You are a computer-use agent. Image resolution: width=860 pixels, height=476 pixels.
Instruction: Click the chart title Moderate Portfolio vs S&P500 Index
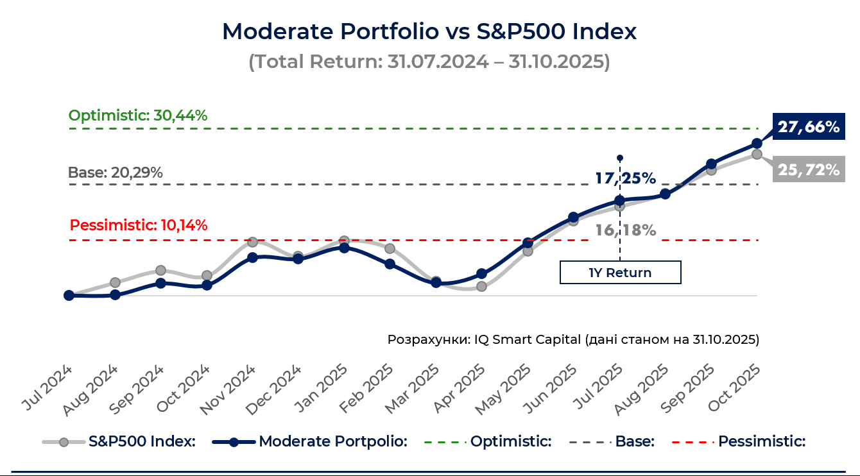tap(429, 31)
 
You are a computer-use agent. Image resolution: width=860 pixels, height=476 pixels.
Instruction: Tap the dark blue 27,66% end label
tap(808, 127)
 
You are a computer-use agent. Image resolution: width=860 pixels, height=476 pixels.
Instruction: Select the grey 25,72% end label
tap(808, 169)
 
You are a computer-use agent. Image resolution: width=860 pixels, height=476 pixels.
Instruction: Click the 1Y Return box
tap(620, 273)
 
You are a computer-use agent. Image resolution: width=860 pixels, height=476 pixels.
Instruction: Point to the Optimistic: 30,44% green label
tap(138, 116)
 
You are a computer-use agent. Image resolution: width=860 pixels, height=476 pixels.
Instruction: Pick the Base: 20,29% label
tap(116, 173)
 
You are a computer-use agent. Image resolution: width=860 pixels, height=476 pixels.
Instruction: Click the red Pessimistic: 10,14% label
tap(139, 226)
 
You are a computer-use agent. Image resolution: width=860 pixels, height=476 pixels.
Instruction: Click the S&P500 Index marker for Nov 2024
tap(253, 242)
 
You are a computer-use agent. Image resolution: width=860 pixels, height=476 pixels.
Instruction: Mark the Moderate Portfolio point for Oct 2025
tap(757, 143)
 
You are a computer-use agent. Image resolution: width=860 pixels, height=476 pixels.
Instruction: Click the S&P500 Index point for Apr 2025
tap(481, 286)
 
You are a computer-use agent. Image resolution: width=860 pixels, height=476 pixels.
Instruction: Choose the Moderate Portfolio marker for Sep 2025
tap(711, 164)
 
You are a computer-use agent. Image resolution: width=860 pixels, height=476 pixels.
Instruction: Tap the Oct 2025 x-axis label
tap(735, 388)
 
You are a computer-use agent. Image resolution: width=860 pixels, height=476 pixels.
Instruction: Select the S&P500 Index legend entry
tap(119, 441)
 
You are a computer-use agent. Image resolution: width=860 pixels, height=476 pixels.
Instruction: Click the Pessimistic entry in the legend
tap(738, 441)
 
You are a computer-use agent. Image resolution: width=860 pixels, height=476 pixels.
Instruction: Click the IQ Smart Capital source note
tap(573, 339)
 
